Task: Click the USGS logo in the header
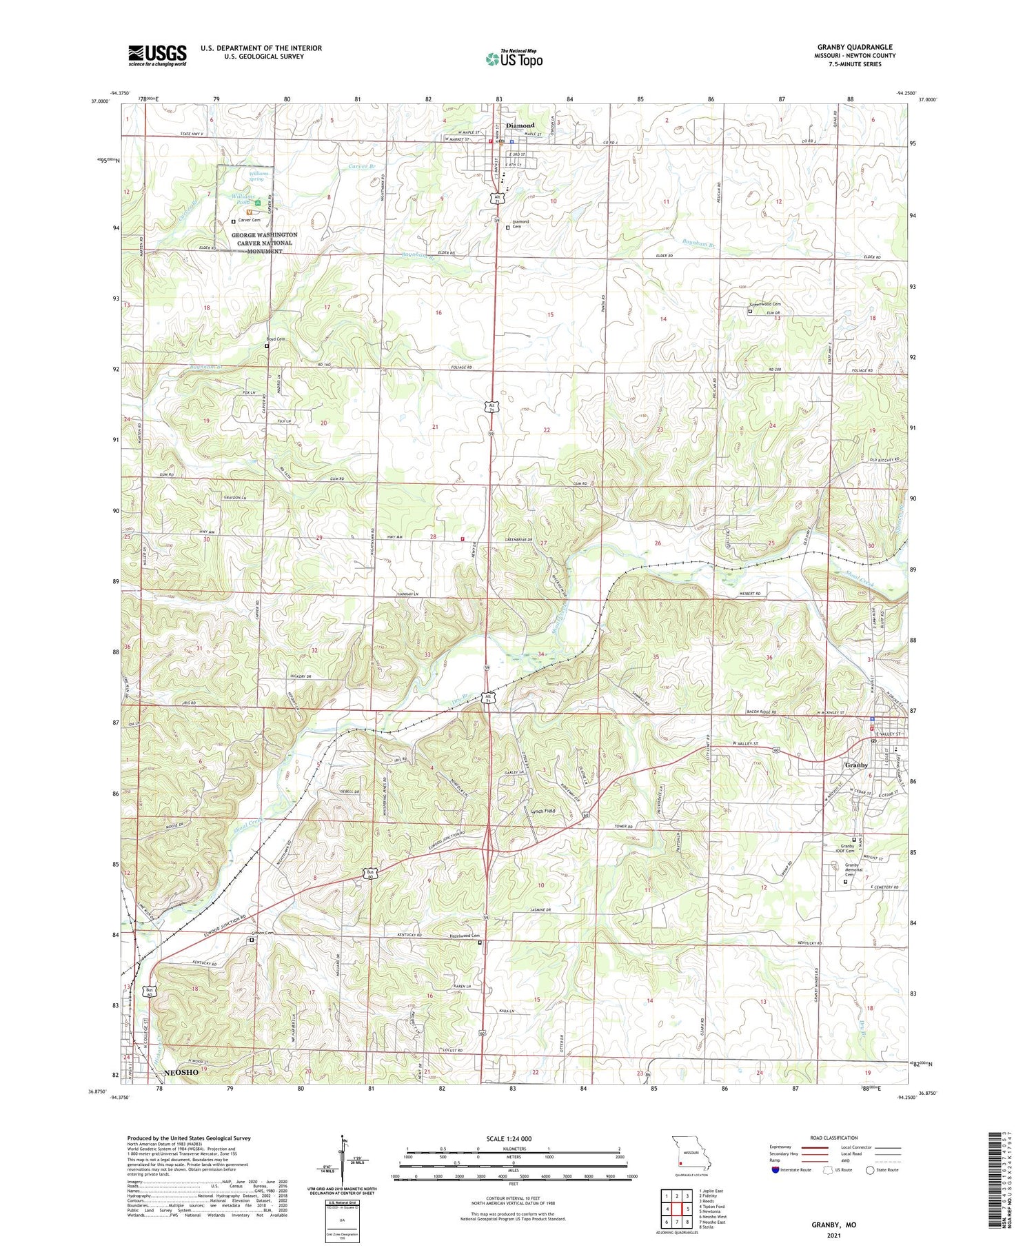click(157, 55)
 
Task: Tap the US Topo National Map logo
click(514, 59)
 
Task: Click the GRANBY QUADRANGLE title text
click(854, 47)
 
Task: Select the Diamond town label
click(520, 125)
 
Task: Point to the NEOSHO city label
click(181, 1072)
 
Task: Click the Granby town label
click(856, 765)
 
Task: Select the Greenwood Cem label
click(764, 304)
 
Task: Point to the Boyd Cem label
click(275, 339)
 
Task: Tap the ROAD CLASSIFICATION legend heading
click(834, 1138)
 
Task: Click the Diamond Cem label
click(520, 224)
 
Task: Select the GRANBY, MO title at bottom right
click(833, 1224)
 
